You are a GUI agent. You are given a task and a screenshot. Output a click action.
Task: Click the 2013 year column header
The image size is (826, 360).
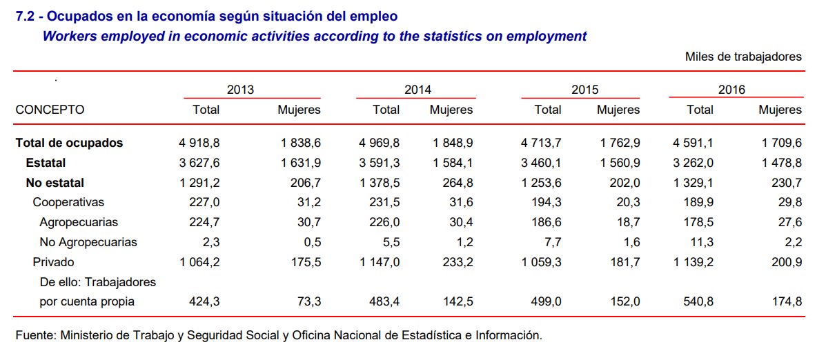[x=240, y=90]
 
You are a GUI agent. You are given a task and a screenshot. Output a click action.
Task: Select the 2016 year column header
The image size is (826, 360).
[x=731, y=90]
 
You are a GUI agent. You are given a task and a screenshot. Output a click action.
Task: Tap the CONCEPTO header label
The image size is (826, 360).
[x=50, y=110]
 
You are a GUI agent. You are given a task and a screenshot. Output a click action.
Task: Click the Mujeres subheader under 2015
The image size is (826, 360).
[x=618, y=110]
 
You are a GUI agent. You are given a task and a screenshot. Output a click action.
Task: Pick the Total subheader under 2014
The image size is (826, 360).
[x=386, y=110]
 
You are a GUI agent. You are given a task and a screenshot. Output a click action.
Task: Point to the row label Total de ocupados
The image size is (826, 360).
[x=69, y=143]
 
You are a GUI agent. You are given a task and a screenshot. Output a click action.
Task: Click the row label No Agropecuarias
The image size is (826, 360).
[x=88, y=242]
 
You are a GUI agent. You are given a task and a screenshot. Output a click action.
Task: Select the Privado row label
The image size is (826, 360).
[x=53, y=262]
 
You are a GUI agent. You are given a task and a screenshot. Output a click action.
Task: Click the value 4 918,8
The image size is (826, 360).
[x=199, y=143]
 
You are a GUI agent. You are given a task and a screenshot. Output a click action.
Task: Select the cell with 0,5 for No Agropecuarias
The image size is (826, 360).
[x=312, y=242]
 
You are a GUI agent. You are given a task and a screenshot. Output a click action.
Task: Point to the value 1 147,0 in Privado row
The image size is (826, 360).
[x=379, y=262]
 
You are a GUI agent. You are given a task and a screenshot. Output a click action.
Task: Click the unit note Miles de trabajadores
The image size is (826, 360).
[x=743, y=57]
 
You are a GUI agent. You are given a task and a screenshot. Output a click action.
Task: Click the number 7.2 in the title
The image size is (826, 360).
[x=24, y=16]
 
